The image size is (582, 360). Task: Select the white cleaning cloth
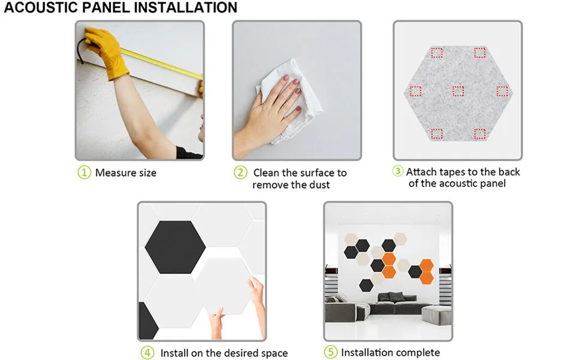coord(289,100)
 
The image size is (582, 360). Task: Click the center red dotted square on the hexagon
coord(458,91)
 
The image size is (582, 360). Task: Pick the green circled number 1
coord(85,173)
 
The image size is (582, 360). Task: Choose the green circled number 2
coord(240,173)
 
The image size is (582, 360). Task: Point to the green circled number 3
coord(397,171)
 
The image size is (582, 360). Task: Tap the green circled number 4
coord(147,353)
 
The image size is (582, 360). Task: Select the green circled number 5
coord(331,352)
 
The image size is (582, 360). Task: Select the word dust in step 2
coord(319,184)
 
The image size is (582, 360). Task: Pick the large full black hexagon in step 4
coord(175,247)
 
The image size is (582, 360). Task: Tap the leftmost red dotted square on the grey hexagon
coord(415,91)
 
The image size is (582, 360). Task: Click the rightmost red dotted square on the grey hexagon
coord(502,91)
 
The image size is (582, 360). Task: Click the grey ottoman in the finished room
coord(437,315)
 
